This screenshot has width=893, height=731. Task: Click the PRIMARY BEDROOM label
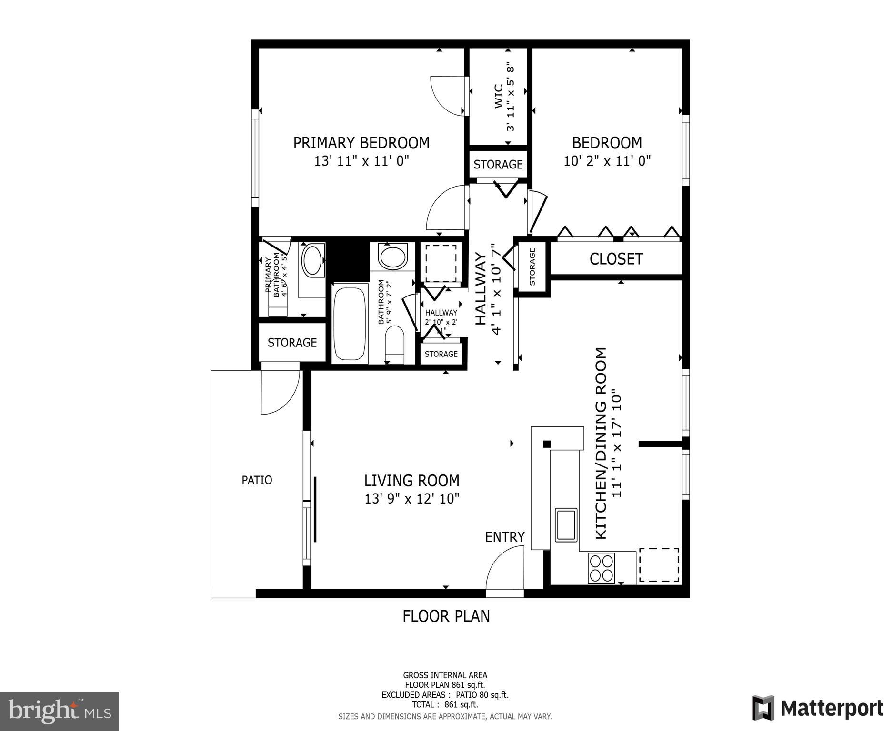coord(361,143)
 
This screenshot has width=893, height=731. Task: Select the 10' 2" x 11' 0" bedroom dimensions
coord(607,161)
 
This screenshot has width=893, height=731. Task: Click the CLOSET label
coord(616,259)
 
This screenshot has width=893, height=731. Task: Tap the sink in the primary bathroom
coord(312,260)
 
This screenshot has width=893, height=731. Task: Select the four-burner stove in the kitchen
coord(601,568)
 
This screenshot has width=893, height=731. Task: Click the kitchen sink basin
coord(566,524)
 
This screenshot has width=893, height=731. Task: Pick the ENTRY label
coord(504,537)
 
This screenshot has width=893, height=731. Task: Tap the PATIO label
coord(257,480)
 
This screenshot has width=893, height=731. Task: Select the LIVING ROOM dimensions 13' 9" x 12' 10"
coord(411,499)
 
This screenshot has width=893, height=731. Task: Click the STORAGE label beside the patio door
coord(292,343)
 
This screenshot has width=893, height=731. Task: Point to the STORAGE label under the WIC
coord(498,165)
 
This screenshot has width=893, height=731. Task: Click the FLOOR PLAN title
coord(446,616)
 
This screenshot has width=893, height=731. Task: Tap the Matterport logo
coord(817,708)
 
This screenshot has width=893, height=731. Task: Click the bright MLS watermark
coord(60,711)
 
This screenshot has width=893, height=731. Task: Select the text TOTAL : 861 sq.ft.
coord(445,705)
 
